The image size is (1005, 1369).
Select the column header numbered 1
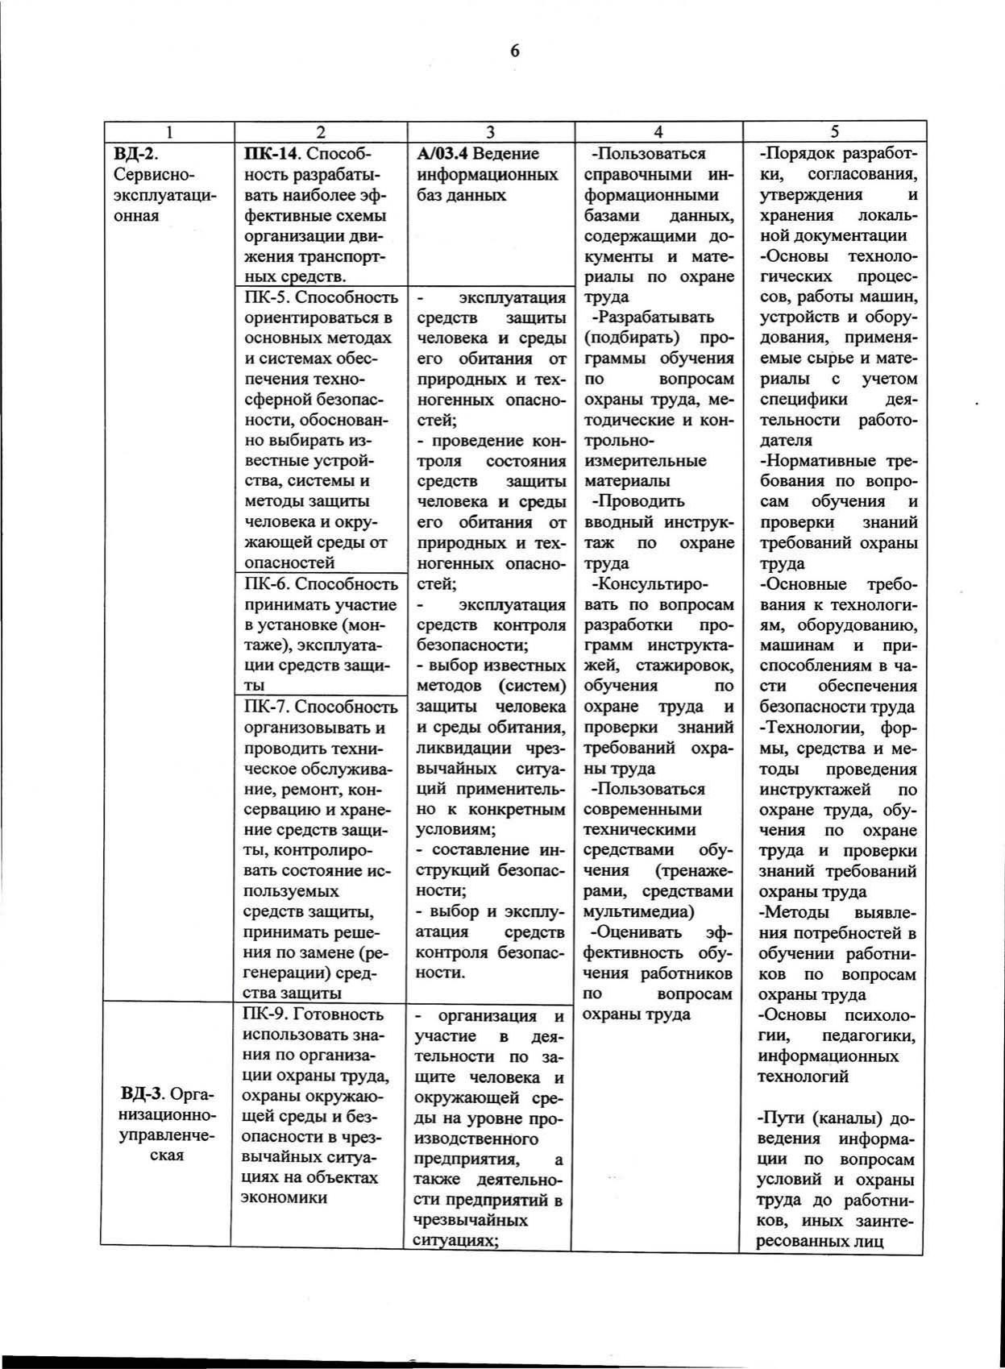coord(168,132)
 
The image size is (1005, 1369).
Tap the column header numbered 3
coord(490,132)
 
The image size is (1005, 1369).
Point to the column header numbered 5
coord(834,132)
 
